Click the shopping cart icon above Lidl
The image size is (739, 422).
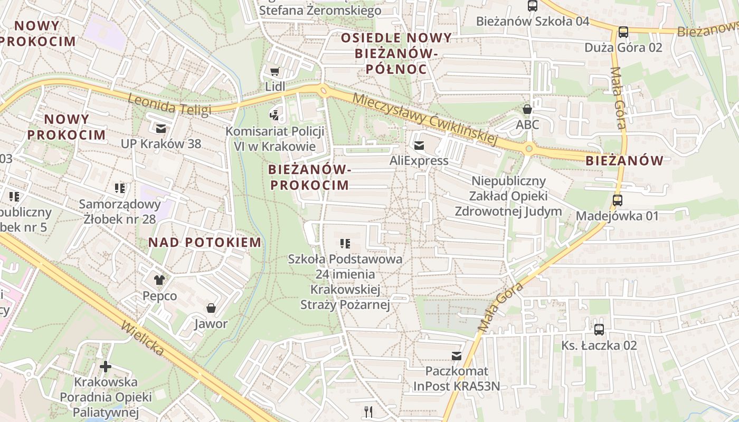pos(274,71)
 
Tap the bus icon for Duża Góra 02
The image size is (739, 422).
pos(623,32)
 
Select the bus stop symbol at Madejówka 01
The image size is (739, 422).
pos(617,200)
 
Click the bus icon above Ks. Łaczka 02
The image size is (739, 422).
pos(599,329)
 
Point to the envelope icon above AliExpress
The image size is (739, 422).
pos(419,145)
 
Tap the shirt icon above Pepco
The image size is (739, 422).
pos(159,280)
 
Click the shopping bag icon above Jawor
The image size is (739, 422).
pos(211,308)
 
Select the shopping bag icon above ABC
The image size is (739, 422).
pos(527,109)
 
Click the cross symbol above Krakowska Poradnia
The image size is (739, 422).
pos(106,366)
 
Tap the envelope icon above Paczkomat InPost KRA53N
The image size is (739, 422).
pos(456,356)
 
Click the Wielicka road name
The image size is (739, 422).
pos(143,337)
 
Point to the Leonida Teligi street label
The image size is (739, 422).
pos(169,103)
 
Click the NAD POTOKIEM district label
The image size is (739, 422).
pos(204,243)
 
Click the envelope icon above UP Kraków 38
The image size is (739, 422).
pos(160,128)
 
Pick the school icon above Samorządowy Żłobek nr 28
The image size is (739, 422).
pos(120,188)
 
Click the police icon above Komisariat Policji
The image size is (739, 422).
pos(274,114)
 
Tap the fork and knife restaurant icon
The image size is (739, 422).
pos(368,411)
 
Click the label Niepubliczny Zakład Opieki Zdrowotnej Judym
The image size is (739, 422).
pos(508,196)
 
